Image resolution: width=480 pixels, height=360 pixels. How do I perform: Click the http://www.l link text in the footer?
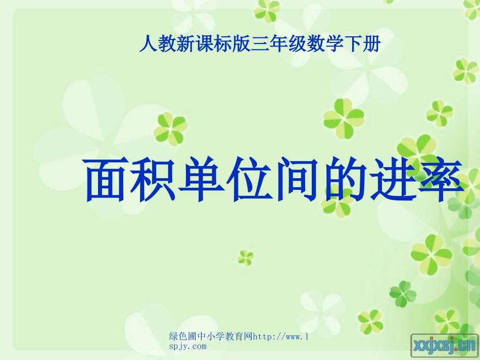(x=280, y=337)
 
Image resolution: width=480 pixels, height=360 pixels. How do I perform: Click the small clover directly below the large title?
(x=246, y=258)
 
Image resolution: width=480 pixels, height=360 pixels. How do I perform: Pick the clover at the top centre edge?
(x=267, y=9)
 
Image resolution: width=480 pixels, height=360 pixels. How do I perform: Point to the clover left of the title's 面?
(x=170, y=127)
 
